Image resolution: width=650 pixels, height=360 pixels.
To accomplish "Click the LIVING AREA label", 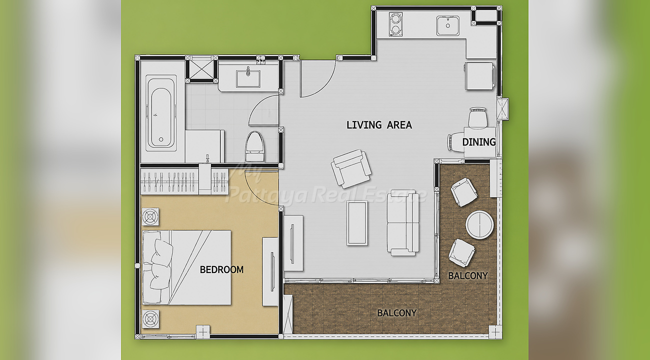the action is (379, 124).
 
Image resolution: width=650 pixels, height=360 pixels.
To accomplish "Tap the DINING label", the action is (479, 142).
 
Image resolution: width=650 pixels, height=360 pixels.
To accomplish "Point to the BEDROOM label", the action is (221, 270).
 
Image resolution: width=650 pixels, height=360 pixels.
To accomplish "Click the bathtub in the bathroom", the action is (161, 113).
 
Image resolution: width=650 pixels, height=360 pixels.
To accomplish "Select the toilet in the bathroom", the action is (255, 146).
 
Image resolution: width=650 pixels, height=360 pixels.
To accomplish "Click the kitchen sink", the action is (447, 26).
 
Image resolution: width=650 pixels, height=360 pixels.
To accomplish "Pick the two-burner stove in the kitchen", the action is (395, 24).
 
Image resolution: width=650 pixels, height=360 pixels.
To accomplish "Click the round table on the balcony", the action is (479, 225).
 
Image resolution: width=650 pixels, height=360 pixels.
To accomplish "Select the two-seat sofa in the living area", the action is (403, 223).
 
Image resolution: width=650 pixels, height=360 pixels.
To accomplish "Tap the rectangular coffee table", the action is (357, 223).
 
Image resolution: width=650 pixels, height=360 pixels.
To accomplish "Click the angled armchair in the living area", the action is (351, 169).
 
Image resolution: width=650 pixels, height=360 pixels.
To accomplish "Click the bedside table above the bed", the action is (150, 216).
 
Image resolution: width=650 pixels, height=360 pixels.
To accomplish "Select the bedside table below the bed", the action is (150, 319).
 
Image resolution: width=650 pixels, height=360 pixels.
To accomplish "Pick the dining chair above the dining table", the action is (477, 118).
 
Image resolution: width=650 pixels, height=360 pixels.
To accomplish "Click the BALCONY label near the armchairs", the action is (468, 275).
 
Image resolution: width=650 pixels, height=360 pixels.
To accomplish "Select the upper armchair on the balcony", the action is (463, 192).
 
